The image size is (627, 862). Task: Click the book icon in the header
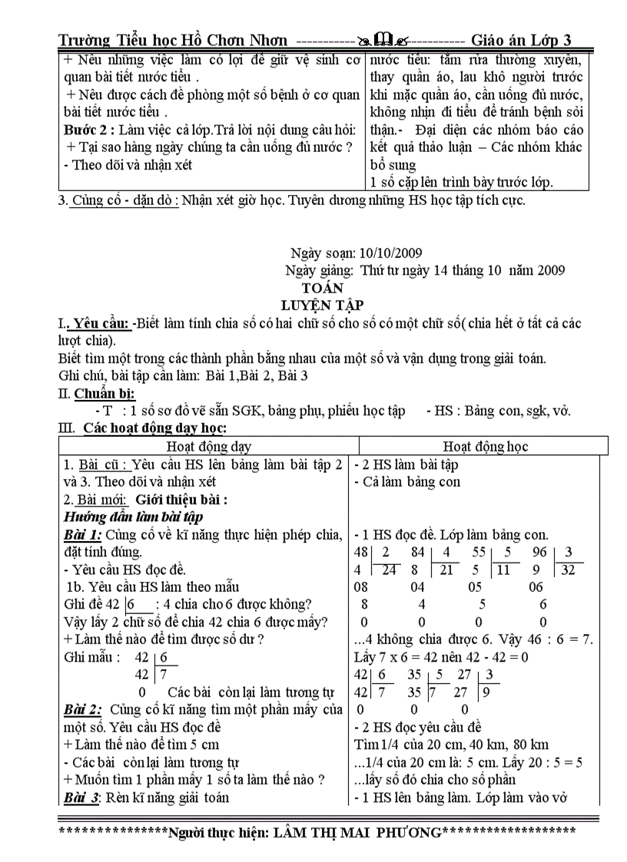point(382,40)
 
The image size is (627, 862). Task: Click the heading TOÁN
point(323,288)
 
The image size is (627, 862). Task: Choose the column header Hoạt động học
point(486,446)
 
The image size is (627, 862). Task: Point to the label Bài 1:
point(82,534)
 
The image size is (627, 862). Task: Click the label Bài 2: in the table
point(83,709)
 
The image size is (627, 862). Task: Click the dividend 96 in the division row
point(537,552)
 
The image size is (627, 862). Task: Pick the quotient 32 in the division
point(570,570)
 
